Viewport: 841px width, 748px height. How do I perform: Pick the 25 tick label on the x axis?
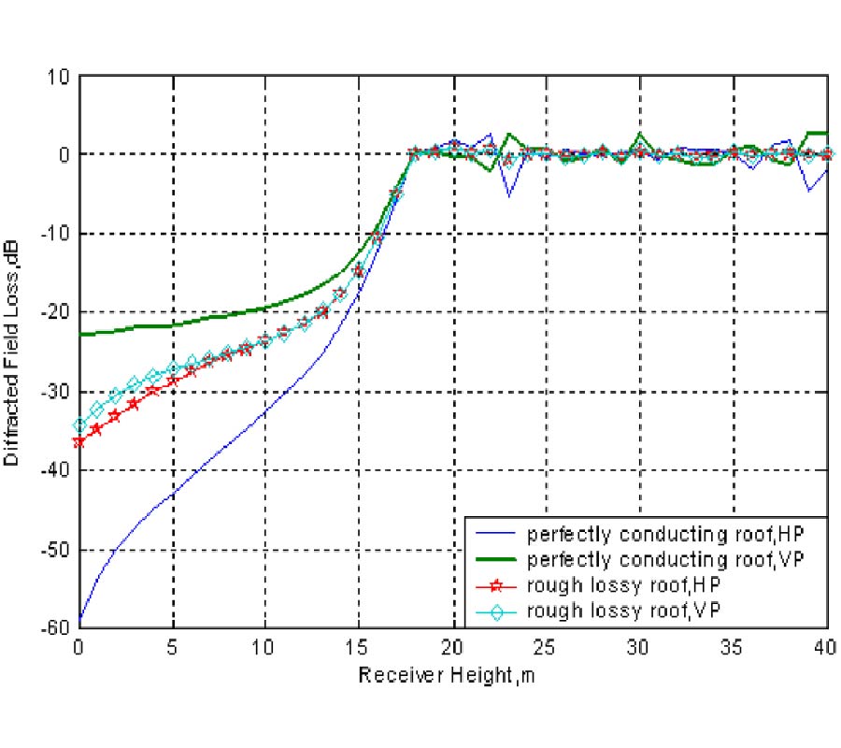click(x=547, y=647)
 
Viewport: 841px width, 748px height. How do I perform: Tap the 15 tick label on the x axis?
click(x=360, y=647)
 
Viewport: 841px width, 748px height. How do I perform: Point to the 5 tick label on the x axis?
click(x=173, y=647)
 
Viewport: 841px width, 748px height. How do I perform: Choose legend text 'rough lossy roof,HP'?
click(x=623, y=585)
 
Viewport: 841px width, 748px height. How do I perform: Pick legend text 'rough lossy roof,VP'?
click(x=623, y=610)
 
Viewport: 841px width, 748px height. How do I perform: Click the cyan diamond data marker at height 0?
click(x=79, y=425)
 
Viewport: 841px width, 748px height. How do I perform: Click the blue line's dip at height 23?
click(x=509, y=194)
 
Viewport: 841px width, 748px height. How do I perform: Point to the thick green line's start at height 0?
click(x=80, y=334)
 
